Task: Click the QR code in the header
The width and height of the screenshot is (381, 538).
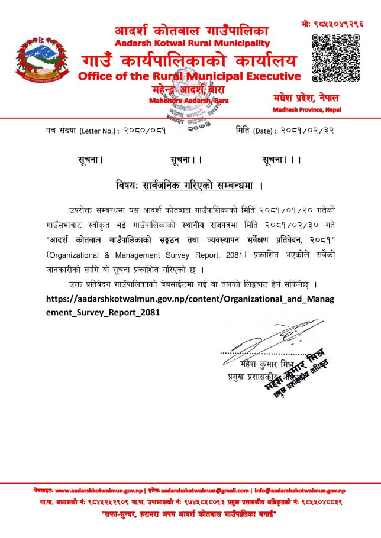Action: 335,57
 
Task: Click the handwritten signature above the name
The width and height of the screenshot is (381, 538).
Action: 260,341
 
